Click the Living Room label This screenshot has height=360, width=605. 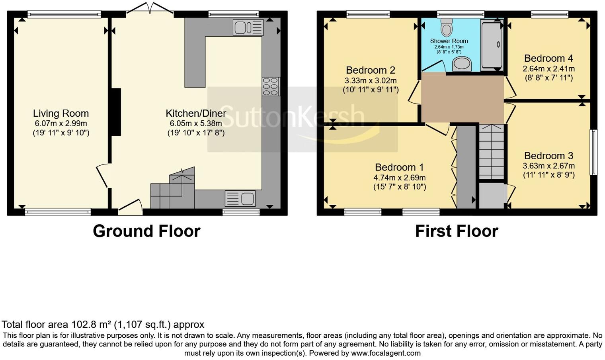click(60, 113)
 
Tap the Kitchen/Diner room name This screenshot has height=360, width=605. click(196, 113)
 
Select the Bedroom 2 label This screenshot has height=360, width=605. click(370, 70)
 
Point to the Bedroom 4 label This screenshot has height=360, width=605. click(548, 59)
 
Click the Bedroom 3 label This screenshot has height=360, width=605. click(548, 156)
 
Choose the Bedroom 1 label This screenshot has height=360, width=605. click(399, 167)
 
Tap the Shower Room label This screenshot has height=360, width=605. click(449, 41)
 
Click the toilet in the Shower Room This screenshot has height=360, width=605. click(447, 27)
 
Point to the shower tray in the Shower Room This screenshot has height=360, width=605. click(492, 45)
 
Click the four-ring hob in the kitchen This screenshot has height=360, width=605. click(270, 86)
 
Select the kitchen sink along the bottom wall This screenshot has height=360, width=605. click(240, 198)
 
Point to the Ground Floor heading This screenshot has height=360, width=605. click(146, 231)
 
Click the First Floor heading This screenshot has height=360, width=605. click(457, 231)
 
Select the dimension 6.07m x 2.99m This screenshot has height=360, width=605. click(60, 124)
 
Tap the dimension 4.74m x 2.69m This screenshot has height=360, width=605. click(399, 178)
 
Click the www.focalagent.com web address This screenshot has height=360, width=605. click(385, 353)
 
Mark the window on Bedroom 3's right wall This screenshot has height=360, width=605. click(593, 152)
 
